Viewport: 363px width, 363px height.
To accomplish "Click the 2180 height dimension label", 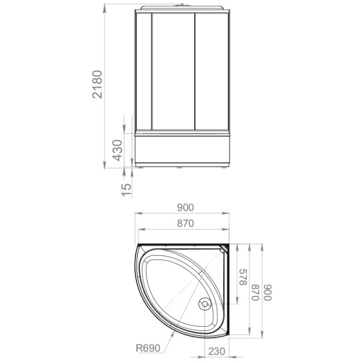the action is click(x=97, y=85).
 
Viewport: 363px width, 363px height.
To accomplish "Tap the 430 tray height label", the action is click(x=117, y=150).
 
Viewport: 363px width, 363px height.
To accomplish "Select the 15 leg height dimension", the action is click(x=126, y=190).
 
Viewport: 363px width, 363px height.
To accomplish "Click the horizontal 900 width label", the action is click(x=185, y=208).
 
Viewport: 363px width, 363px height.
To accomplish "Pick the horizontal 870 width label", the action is click(x=185, y=223).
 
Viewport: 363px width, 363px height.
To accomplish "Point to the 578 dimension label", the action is click(x=243, y=277).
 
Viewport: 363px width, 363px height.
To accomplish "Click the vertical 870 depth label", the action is click(x=255, y=292).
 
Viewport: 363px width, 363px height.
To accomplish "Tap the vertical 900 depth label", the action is click(x=268, y=292).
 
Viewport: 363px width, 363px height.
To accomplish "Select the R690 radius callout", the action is click(x=148, y=348).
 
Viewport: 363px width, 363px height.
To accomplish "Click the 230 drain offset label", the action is click(x=217, y=351).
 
